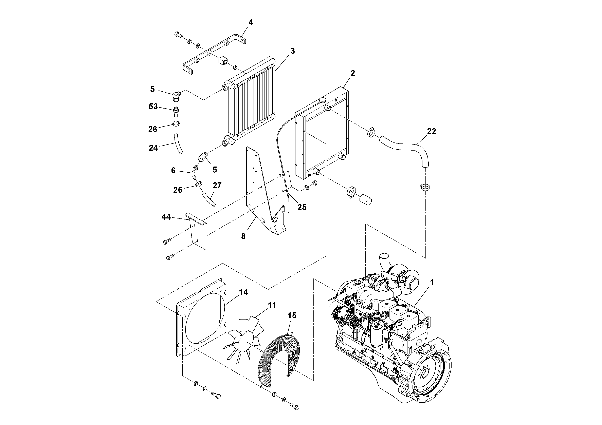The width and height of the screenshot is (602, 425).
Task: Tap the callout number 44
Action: tap(166, 217)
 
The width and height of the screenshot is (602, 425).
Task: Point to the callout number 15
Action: tap(292, 315)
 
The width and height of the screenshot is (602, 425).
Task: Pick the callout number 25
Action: tap(302, 207)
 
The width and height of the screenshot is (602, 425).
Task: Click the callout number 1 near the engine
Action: tap(432, 283)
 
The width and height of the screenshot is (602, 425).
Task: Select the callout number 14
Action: tap(243, 292)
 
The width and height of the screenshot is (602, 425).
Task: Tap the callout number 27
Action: tap(217, 186)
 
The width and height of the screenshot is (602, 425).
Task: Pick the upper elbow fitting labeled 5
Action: tap(177, 96)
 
